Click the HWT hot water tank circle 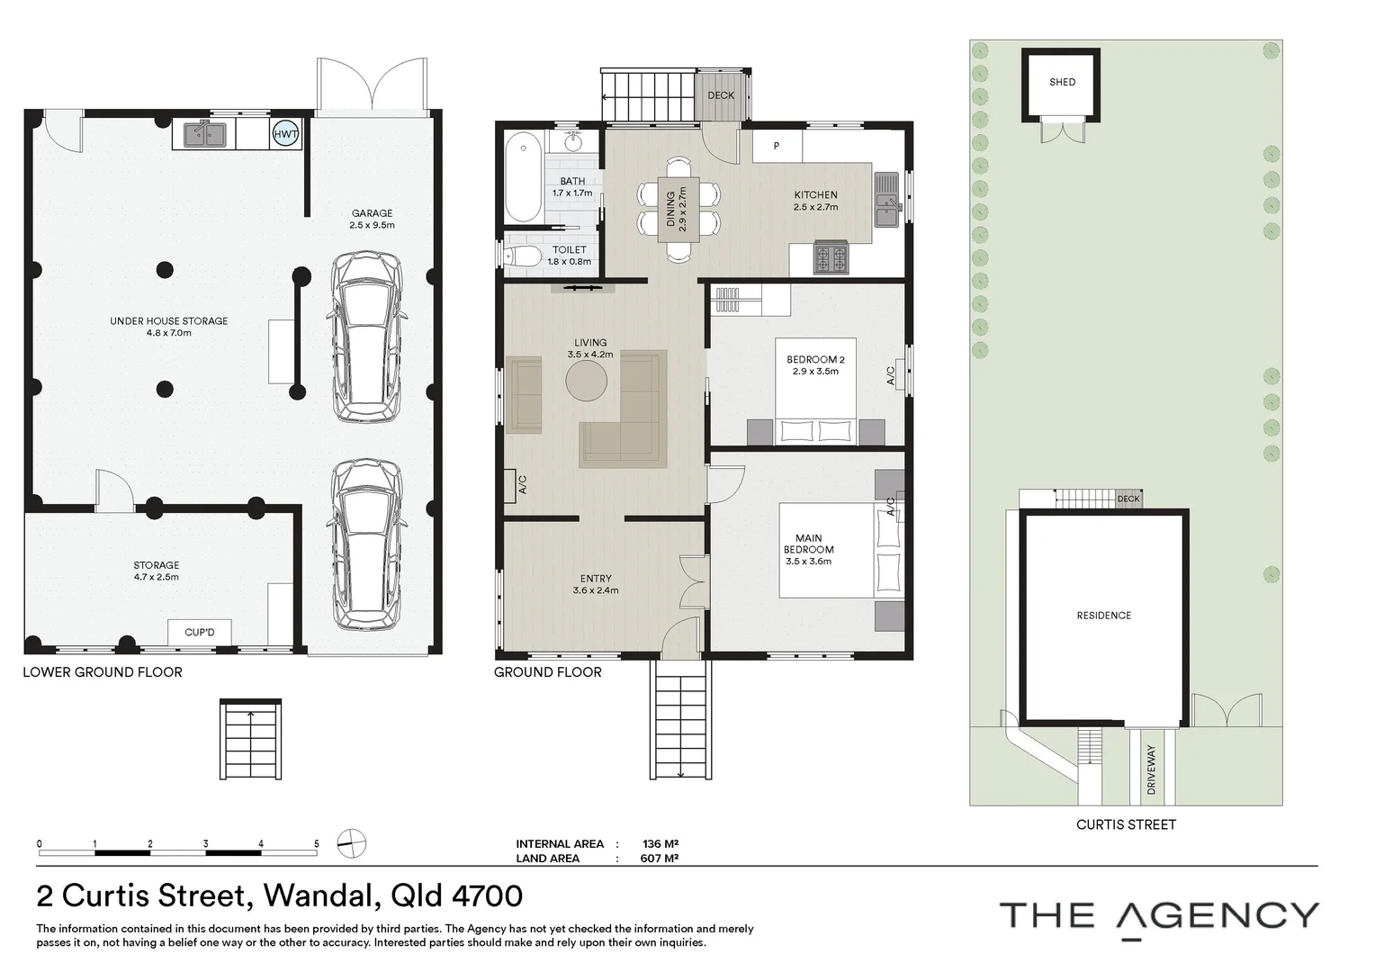tap(285, 134)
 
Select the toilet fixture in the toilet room tap(520, 255)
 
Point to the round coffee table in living tap(586, 381)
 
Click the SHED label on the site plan tap(1063, 82)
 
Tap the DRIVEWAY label tap(1151, 769)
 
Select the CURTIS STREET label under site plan tap(1126, 824)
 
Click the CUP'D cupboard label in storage tap(200, 633)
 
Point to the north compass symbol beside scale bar tap(352, 843)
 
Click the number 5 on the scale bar tap(317, 843)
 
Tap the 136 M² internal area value tap(661, 843)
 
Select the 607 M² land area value tap(660, 859)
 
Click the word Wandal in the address tap(319, 895)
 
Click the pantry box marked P tap(777, 146)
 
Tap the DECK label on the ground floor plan tap(721, 95)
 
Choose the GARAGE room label tap(372, 213)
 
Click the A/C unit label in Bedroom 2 tap(891, 375)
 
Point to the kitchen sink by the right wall tap(886, 200)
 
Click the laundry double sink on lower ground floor tap(203, 134)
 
